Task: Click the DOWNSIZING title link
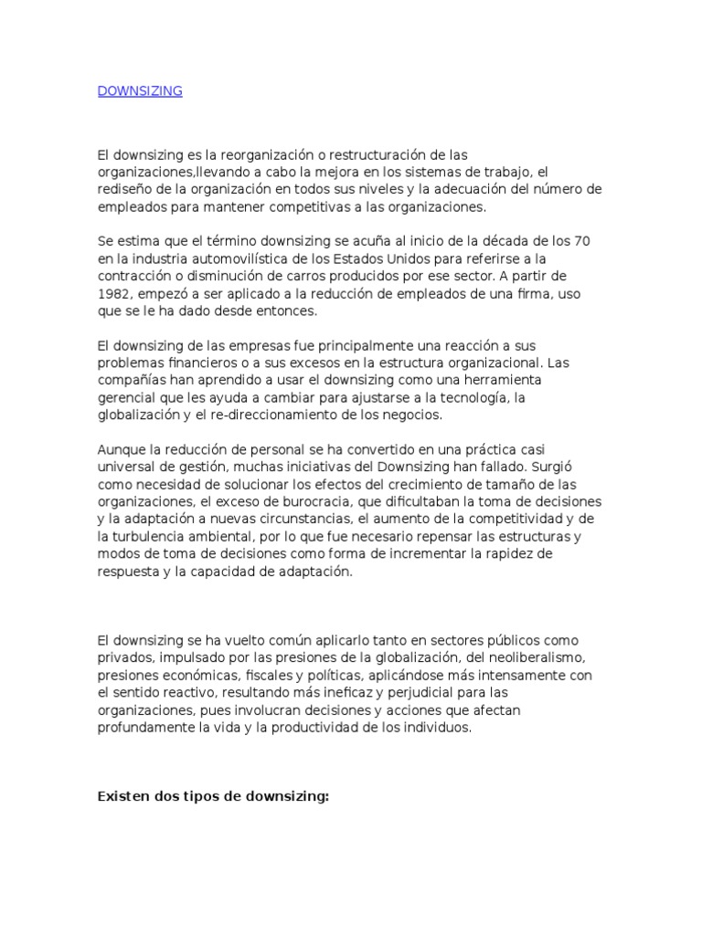140,91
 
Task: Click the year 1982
113,293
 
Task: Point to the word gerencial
125,397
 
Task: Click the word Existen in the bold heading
125,796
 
